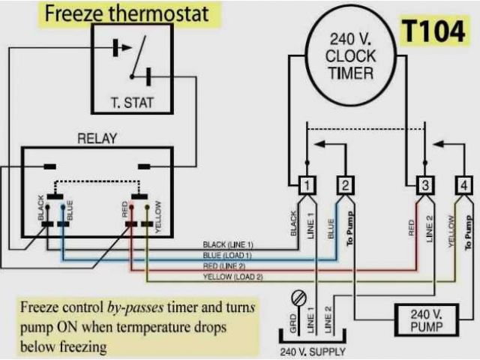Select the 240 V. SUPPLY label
pyautogui.click(x=310, y=350)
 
